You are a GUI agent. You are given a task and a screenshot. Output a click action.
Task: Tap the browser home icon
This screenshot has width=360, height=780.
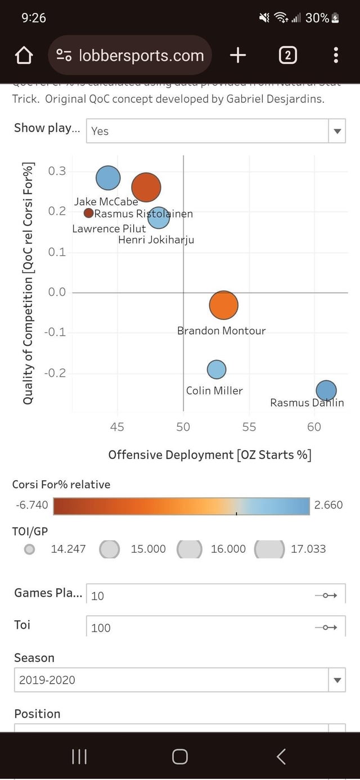pyautogui.click(x=23, y=55)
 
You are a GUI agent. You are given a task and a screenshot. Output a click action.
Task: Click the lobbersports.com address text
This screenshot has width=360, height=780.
pyautogui.click(x=141, y=55)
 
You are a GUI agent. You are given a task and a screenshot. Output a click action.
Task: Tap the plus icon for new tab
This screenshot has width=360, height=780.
pyautogui.click(x=238, y=55)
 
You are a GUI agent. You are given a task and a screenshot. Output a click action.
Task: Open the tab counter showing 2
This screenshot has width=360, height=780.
pyautogui.click(x=287, y=55)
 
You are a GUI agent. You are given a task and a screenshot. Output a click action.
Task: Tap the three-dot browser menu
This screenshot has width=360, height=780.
pyautogui.click(x=336, y=55)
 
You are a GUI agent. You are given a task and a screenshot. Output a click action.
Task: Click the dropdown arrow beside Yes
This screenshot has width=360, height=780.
pyautogui.click(x=337, y=131)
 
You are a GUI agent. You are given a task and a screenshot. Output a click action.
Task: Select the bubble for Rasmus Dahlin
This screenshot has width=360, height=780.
pyautogui.click(x=326, y=390)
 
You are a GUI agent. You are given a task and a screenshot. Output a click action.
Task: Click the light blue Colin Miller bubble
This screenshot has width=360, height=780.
pyautogui.click(x=217, y=369)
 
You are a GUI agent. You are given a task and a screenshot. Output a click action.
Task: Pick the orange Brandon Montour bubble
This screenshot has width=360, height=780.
pyautogui.click(x=224, y=305)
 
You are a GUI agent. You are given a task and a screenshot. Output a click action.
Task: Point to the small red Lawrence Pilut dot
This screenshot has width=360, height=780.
pyautogui.click(x=88, y=213)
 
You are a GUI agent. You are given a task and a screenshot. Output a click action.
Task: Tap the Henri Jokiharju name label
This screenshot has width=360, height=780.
pyautogui.click(x=156, y=241)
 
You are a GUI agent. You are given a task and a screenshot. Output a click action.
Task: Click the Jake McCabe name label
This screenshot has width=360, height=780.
pyautogui.click(x=106, y=201)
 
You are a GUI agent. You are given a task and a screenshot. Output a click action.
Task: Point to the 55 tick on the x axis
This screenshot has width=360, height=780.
pyautogui.click(x=249, y=427)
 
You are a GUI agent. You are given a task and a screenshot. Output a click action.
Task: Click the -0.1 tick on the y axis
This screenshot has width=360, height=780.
pyautogui.click(x=55, y=332)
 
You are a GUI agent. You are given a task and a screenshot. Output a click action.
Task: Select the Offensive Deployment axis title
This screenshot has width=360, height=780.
pyautogui.click(x=209, y=454)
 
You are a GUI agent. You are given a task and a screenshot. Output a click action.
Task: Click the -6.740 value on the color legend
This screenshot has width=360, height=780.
pyautogui.click(x=31, y=505)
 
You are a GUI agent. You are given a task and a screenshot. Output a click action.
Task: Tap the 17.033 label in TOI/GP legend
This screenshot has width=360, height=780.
pyautogui.click(x=308, y=549)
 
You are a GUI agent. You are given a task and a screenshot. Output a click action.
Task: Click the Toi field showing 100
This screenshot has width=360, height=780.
pyautogui.click(x=215, y=628)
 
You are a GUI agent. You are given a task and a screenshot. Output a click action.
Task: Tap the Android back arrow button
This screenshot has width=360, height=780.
pyautogui.click(x=281, y=756)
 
